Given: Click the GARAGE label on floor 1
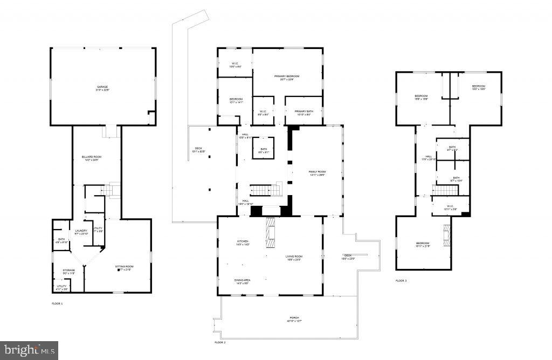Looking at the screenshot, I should pos(102,87).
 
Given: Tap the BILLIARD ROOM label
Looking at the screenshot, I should pos(92,157).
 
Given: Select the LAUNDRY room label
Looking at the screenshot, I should pos(81,231).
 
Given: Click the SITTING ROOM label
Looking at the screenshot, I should pos(124,267).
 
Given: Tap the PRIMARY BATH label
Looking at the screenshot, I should pos(304,111).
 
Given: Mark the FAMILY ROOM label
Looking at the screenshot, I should pos(317,172).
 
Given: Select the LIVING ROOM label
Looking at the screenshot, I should pos(294,257).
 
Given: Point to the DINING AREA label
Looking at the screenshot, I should pos(242,280).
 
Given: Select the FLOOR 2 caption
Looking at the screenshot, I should pos(219,342).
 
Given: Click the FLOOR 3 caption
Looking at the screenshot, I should pos(401,281).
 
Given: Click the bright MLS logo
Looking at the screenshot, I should pos(29,350).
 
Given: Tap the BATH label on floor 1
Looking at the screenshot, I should pos(61,239).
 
